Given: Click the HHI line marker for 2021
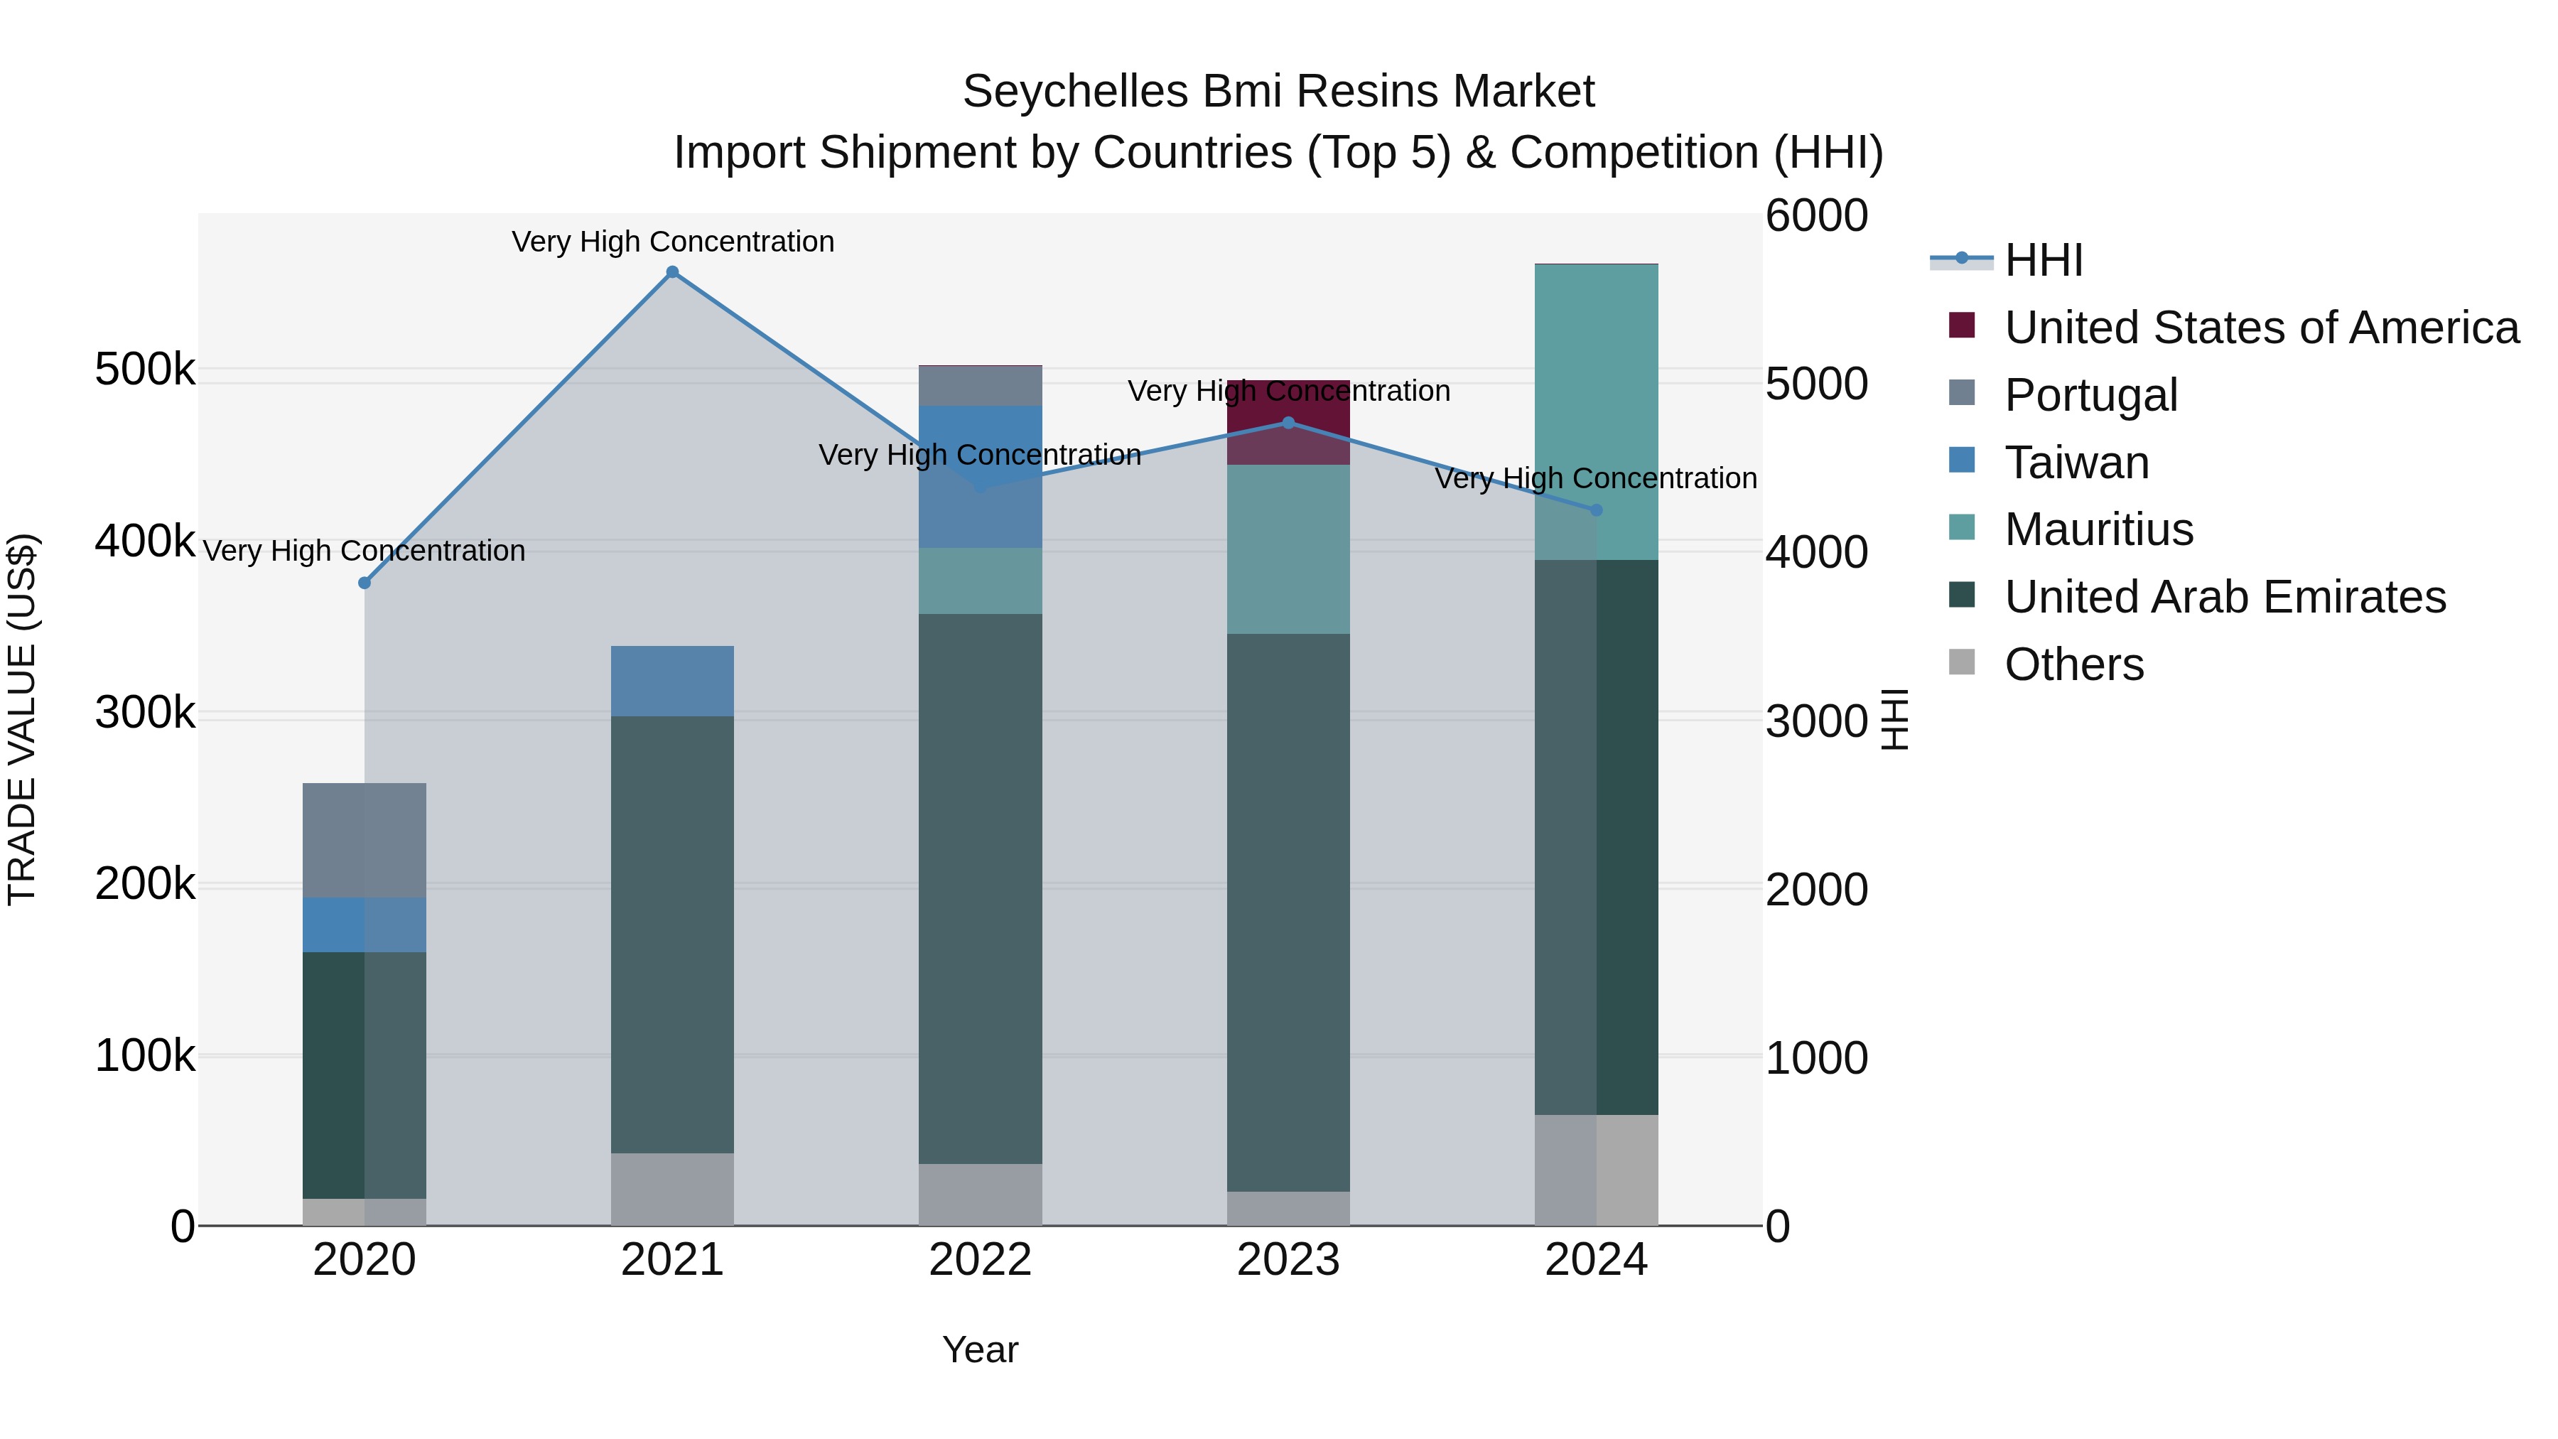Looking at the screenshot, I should tap(672, 272).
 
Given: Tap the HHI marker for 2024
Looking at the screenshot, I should tap(1597, 510).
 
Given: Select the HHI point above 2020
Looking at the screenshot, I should tap(365, 583).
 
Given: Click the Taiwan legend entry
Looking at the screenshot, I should tap(2076, 463).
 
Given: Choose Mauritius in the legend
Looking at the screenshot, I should tap(2098, 529).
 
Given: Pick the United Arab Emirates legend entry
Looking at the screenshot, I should tap(2224, 597).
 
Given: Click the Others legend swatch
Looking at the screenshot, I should tap(1962, 662).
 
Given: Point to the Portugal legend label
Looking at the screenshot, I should tap(2090, 395).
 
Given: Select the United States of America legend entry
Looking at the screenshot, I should tap(2261, 328).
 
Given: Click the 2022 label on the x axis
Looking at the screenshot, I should tap(980, 1260).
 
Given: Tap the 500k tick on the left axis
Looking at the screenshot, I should tap(145, 370).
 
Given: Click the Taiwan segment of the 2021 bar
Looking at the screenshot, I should tap(672, 681).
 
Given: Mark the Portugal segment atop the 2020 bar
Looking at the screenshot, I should tap(365, 840).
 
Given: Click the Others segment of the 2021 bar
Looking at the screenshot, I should tap(672, 1189).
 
